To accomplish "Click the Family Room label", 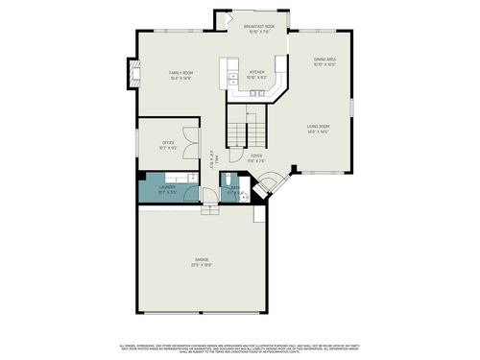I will click(x=181, y=75).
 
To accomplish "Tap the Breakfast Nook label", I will click(x=258, y=29).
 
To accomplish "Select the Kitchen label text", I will click(x=257, y=74).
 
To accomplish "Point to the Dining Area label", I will click(x=324, y=62).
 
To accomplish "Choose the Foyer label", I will click(x=256, y=156).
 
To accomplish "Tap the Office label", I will click(x=168, y=146).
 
